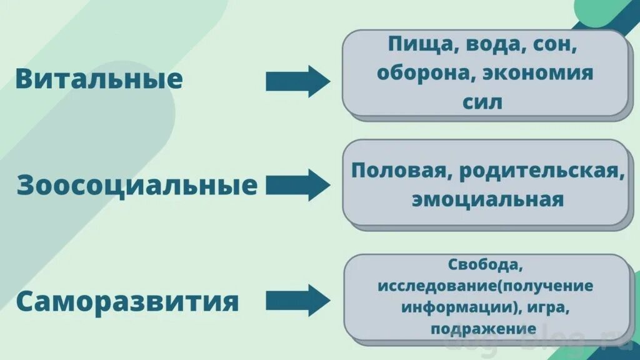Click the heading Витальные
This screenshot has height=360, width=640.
coord(99,79)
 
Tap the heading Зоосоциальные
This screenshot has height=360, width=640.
coord(137,186)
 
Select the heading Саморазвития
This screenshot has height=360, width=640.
coord(127,302)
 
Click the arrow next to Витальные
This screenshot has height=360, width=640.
coord(297,81)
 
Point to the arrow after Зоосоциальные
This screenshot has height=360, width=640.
coord(297,185)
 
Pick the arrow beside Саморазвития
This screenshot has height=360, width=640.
coord(297,301)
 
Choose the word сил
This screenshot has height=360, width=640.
coord(482,101)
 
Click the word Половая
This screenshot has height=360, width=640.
coord(401,171)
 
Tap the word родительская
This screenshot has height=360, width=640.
coord(542,171)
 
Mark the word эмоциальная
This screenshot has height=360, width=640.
coord(487,200)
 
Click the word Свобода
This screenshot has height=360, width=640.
coord(485,264)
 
